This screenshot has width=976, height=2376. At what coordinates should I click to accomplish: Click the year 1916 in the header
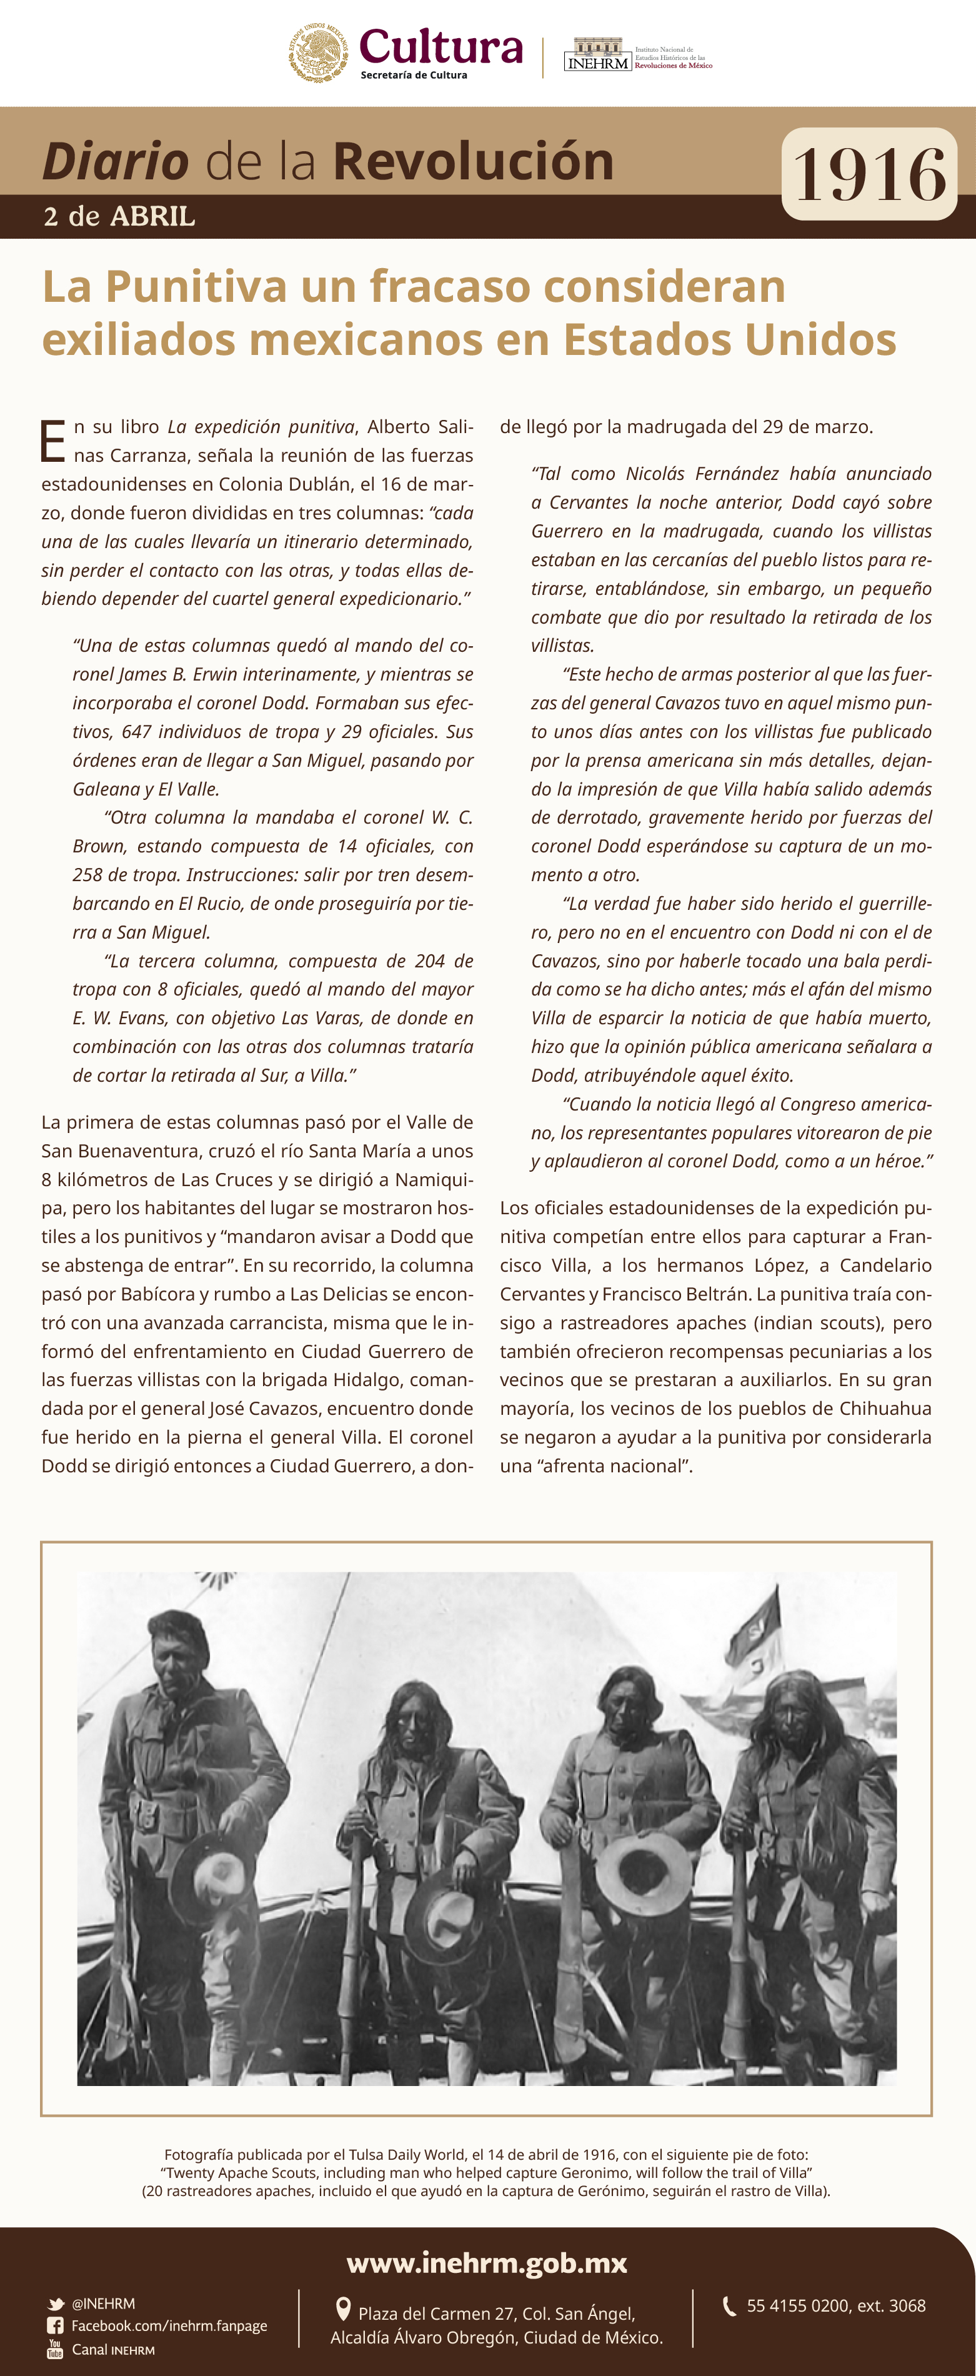click(x=869, y=174)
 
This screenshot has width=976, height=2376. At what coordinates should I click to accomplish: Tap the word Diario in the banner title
click(x=116, y=162)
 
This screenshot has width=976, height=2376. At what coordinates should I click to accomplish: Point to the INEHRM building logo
click(x=598, y=54)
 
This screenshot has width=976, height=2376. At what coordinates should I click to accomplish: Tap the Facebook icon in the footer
click(x=56, y=2325)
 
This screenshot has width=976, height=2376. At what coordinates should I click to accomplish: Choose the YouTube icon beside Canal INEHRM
click(x=56, y=2349)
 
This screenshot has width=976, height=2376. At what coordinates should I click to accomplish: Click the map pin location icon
click(x=343, y=2309)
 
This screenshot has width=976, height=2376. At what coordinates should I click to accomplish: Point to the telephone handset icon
click(x=729, y=2306)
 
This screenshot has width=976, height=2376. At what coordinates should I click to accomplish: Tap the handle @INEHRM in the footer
click(x=103, y=2303)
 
